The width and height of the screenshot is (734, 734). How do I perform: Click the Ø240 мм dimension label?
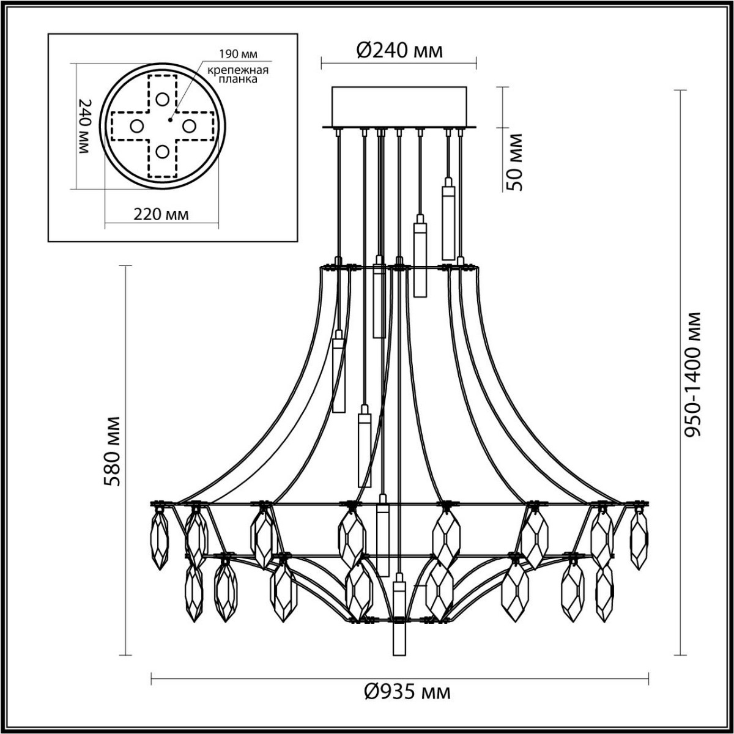point(399,51)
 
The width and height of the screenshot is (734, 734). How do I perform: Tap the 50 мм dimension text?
point(515,161)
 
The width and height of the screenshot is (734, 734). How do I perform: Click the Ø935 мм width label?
point(407,692)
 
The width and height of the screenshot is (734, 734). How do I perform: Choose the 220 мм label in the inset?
point(160,214)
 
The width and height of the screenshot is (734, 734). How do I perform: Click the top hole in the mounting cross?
point(162,98)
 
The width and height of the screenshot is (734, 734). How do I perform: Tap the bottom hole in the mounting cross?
point(162,151)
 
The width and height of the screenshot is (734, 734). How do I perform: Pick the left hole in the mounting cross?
point(136,125)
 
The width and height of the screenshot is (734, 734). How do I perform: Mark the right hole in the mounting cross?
point(188,125)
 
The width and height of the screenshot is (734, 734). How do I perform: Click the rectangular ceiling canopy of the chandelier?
point(399,107)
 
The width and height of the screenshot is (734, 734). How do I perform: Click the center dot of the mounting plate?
point(172,113)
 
